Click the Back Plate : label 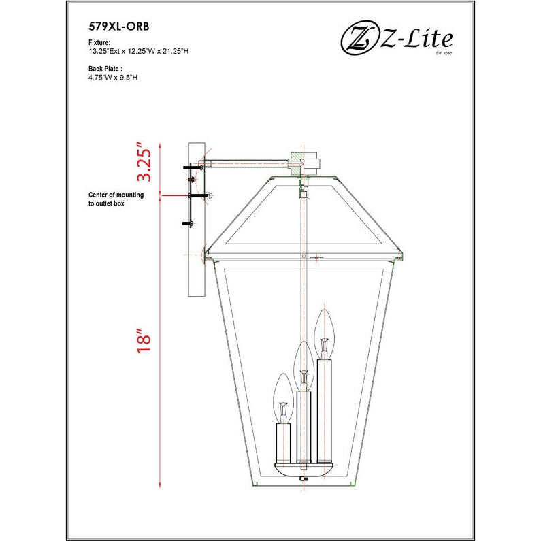(x=105, y=69)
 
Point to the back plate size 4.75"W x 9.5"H (x=113, y=78)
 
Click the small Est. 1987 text (x=444, y=53)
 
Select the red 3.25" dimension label (x=143, y=162)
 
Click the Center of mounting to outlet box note (x=116, y=199)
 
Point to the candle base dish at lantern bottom (x=304, y=469)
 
